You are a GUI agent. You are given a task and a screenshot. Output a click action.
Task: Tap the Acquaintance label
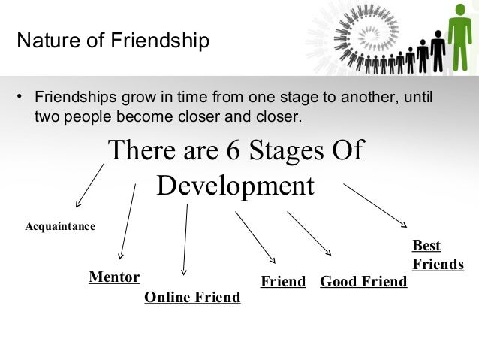click(x=60, y=225)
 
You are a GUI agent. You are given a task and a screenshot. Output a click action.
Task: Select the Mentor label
click(x=114, y=277)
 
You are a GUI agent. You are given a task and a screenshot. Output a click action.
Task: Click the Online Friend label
click(x=192, y=298)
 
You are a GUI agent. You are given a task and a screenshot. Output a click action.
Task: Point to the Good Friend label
click(x=363, y=282)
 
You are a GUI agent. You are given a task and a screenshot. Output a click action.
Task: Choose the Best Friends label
click(x=438, y=255)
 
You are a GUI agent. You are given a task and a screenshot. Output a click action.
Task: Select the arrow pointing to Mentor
click(x=127, y=222)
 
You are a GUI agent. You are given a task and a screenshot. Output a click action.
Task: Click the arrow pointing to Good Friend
click(x=309, y=234)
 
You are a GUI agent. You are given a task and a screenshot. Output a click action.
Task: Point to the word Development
click(x=235, y=186)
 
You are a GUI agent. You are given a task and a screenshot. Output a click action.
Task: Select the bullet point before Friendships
click(x=21, y=98)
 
